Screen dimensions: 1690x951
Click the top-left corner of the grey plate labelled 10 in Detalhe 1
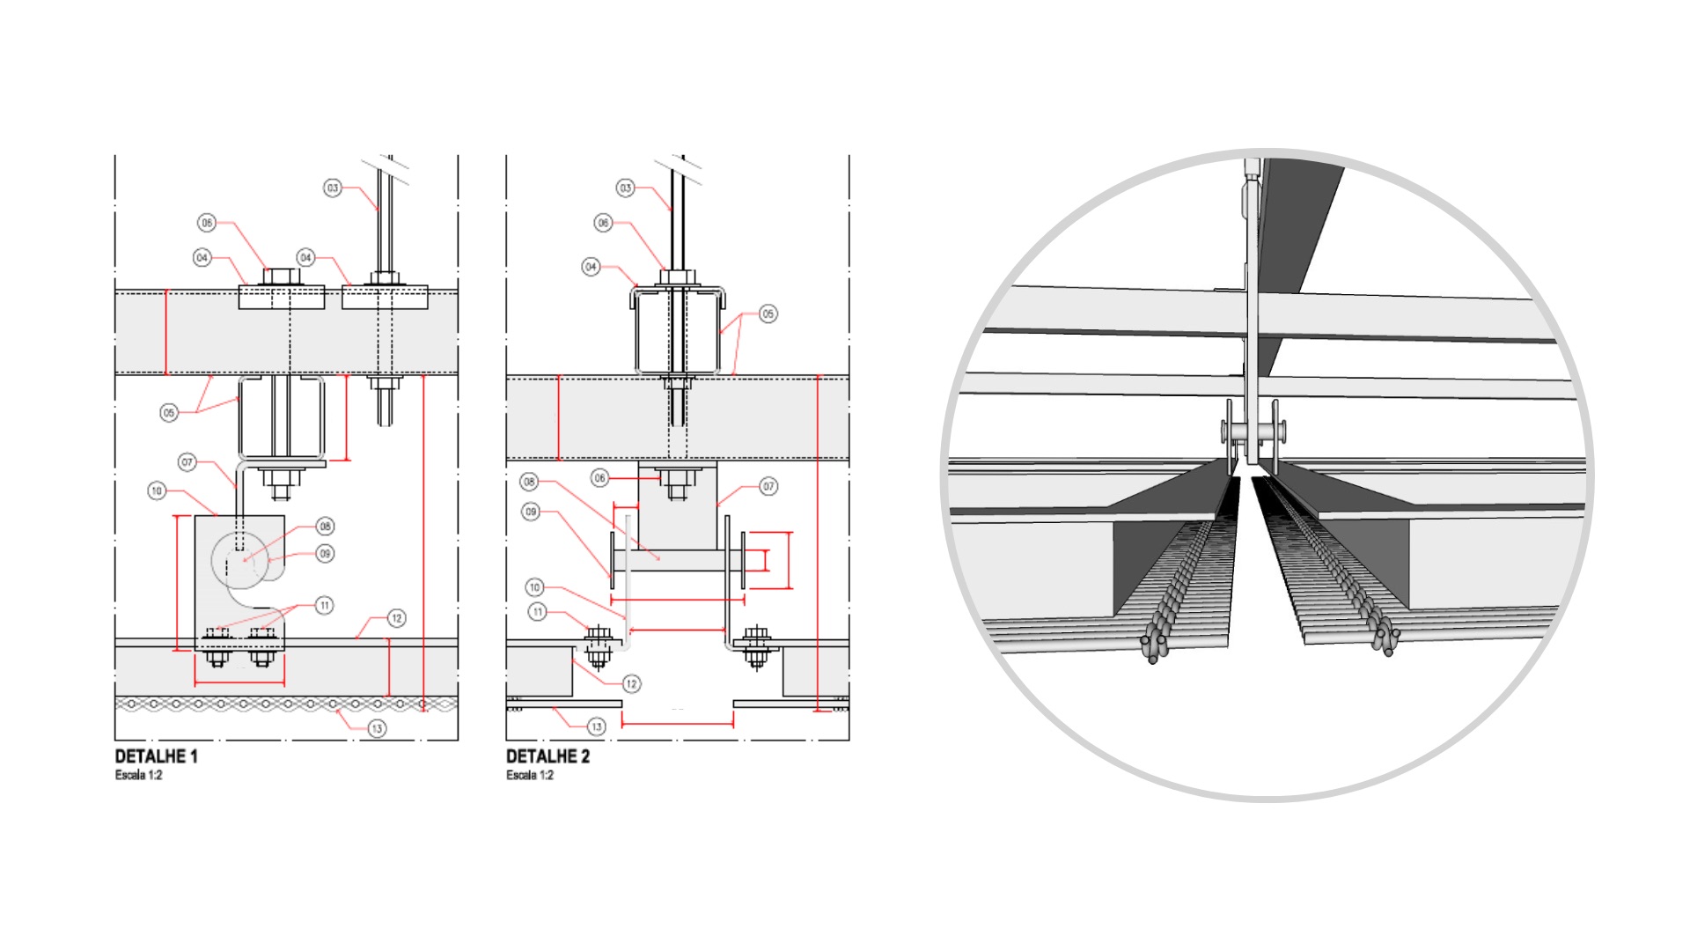tap(195, 516)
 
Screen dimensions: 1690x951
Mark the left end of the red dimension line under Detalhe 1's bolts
tap(195, 683)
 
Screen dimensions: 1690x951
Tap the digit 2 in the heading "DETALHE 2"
tap(584, 756)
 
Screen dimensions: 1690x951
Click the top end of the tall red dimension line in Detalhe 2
tap(819, 377)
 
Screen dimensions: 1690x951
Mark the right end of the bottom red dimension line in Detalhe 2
tap(733, 724)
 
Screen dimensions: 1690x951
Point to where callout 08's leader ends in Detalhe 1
tap(245, 560)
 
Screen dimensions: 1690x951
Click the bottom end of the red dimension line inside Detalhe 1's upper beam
tap(165, 374)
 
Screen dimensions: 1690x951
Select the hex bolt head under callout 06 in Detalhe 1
tap(282, 276)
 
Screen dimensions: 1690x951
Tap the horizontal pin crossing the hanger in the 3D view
tap(1253, 431)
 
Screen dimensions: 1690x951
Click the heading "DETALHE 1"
tap(157, 756)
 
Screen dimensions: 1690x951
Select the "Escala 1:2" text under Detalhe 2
tap(530, 775)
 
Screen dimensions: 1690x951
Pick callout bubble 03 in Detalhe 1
tap(333, 188)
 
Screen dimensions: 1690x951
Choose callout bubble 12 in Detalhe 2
tap(631, 684)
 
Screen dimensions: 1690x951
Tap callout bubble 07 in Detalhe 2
tap(768, 486)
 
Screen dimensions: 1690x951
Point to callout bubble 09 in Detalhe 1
tap(325, 554)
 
